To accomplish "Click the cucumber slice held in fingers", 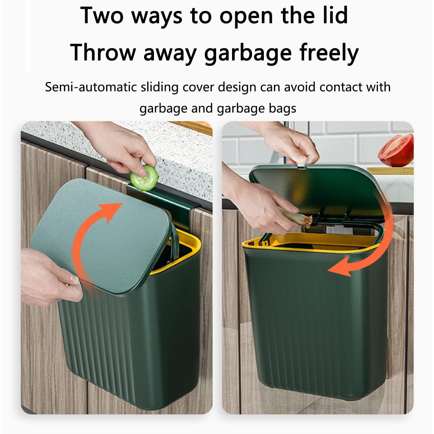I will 144,178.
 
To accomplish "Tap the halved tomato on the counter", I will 397,150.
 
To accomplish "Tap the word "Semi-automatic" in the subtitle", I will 91,87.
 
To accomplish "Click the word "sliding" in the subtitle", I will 159,87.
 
